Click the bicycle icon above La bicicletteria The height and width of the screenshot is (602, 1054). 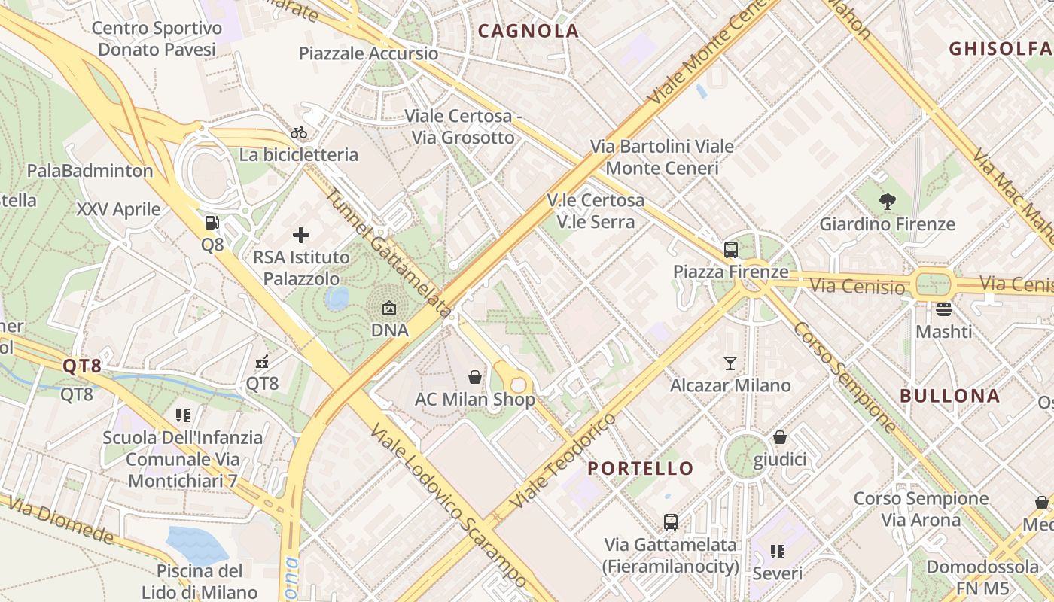tap(299, 132)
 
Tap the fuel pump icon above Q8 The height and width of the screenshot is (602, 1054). tap(212, 223)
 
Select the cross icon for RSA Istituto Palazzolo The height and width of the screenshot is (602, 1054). tap(301, 235)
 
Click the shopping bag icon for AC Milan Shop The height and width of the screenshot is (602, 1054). tap(475, 376)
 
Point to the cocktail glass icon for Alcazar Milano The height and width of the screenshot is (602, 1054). tap(730, 363)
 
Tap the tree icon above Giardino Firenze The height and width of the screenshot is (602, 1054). tap(888, 201)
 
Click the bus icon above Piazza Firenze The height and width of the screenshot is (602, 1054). tap(730, 249)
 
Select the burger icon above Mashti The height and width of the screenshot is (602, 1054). tap(944, 309)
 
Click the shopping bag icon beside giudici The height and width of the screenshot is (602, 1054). tap(780, 437)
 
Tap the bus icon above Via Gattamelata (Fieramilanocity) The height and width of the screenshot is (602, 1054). tap(671, 521)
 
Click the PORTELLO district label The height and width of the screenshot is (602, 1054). tap(641, 468)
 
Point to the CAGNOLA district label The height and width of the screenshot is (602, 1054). tap(529, 31)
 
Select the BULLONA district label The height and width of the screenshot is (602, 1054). tap(950, 396)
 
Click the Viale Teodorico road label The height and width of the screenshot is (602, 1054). tap(562, 459)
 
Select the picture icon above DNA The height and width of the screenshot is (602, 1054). tap(389, 308)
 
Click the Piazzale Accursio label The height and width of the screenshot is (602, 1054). tap(368, 53)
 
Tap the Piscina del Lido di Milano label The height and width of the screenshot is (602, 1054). tap(200, 581)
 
